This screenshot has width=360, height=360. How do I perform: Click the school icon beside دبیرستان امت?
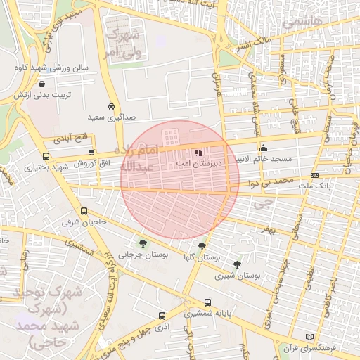pyautogui.click(x=198, y=152)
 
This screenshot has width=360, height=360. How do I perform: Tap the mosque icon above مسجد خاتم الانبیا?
pyautogui.click(x=264, y=148)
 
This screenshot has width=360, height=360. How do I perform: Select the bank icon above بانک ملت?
pyautogui.click(x=314, y=175)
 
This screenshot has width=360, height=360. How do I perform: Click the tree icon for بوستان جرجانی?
pyautogui.click(x=143, y=244)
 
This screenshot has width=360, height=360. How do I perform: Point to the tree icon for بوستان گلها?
pyautogui.click(x=202, y=246)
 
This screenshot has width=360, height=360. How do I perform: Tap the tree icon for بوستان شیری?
pyautogui.click(x=237, y=265)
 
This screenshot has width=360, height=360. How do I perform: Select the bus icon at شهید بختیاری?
pyautogui.click(x=46, y=156)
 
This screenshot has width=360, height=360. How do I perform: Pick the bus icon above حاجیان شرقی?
pyautogui.click(x=84, y=211)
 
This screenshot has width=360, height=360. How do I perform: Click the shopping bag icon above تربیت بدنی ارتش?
pyautogui.click(x=44, y=84)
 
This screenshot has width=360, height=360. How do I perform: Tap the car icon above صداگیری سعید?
pyautogui.click(x=111, y=105)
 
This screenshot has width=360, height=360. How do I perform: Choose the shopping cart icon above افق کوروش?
pyautogui.click(x=91, y=152)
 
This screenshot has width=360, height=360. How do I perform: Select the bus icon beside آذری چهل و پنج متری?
pyautogui.click(x=162, y=316)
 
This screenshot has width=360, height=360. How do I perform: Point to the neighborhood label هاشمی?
pyautogui.click(x=302, y=24)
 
